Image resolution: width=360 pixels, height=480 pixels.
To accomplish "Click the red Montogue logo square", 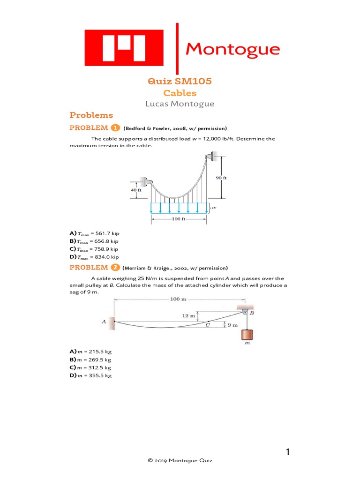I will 124,47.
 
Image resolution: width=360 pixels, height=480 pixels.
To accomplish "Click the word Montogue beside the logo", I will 233,49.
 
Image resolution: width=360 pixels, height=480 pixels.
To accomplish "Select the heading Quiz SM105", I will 180,81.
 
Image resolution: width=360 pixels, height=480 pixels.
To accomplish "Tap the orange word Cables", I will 180,93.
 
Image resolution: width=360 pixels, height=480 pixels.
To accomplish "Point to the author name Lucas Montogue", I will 180,104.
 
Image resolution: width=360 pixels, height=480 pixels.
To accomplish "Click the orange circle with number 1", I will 115,128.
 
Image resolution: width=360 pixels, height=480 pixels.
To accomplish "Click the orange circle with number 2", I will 115,268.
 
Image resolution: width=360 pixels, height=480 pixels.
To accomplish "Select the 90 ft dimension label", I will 221,178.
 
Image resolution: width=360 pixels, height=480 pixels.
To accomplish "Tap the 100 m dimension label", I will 178,299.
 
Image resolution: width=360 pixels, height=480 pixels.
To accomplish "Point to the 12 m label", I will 188,316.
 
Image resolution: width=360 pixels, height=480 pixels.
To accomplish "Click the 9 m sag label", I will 233,324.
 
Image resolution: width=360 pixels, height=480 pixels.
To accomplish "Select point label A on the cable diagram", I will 104,322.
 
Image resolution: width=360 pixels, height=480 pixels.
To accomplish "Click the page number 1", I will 288,452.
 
